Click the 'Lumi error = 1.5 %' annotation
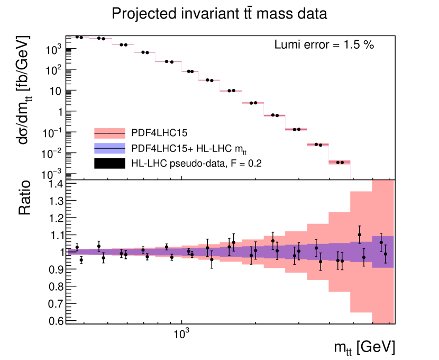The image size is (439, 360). (324, 45)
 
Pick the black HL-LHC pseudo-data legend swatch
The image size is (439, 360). (109, 164)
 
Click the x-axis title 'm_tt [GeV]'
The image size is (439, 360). (364, 347)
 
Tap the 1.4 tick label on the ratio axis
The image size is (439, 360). (56, 184)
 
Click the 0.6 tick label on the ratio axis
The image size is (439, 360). (56, 321)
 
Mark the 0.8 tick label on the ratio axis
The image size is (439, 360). (56, 286)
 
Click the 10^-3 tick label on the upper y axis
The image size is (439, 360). (53, 174)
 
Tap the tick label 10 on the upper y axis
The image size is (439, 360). (55, 91)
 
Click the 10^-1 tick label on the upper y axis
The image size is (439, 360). (53, 132)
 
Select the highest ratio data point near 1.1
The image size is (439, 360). (360, 235)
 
